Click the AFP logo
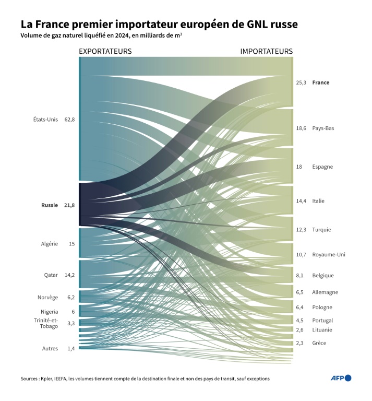click(341, 378)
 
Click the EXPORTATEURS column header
click(105, 51)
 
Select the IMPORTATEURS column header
click(266, 51)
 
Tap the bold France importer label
click(320, 82)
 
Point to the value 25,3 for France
click(301, 82)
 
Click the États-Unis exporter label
click(45, 120)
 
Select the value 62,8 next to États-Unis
click(69, 120)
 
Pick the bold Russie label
click(50, 205)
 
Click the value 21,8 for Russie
click(69, 205)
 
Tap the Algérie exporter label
click(50, 244)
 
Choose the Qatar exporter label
click(51, 275)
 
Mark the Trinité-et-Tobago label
click(46, 323)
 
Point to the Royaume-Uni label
click(329, 255)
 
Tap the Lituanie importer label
click(322, 330)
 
